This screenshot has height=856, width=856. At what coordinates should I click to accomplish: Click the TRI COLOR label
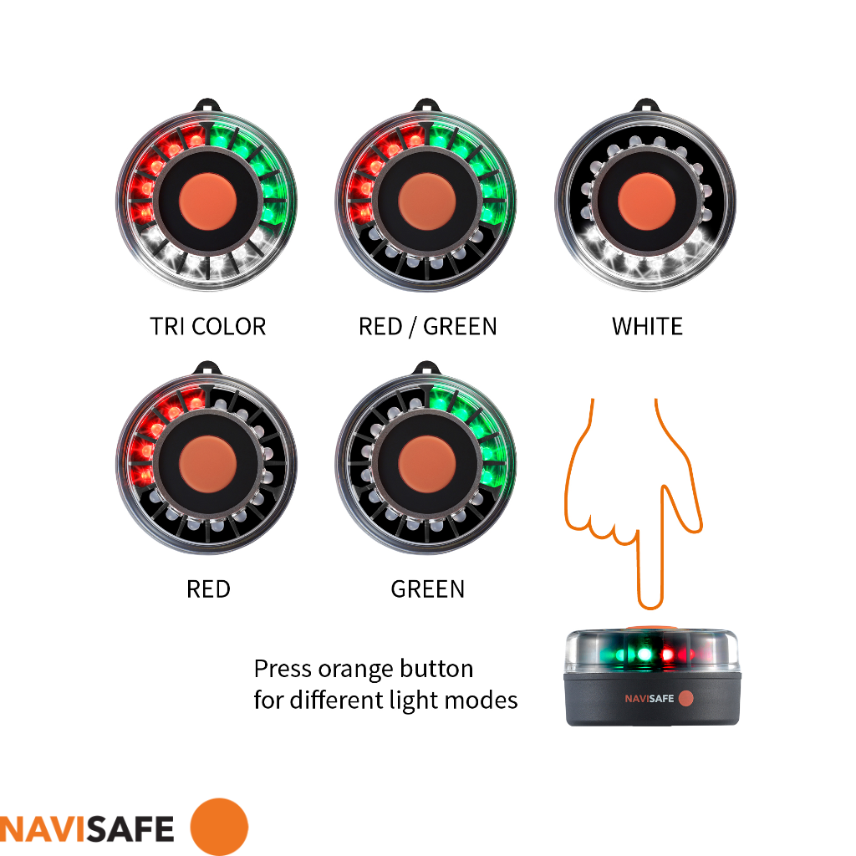(208, 326)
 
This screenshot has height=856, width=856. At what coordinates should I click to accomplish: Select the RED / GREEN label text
(427, 326)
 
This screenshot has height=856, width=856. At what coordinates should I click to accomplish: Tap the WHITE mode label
(647, 326)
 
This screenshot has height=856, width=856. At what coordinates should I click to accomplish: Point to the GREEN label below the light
(427, 589)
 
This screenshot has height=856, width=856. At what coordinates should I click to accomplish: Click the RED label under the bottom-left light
(208, 589)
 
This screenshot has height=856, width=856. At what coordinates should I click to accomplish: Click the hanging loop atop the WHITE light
(647, 107)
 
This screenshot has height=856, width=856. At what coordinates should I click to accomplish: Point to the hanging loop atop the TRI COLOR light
(208, 107)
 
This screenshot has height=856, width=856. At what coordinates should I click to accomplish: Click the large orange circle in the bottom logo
(219, 827)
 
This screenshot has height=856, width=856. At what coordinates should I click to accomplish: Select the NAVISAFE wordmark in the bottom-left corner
(87, 828)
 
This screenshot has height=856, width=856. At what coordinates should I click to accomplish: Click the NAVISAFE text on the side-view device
(649, 699)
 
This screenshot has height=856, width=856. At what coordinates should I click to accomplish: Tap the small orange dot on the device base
(685, 698)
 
